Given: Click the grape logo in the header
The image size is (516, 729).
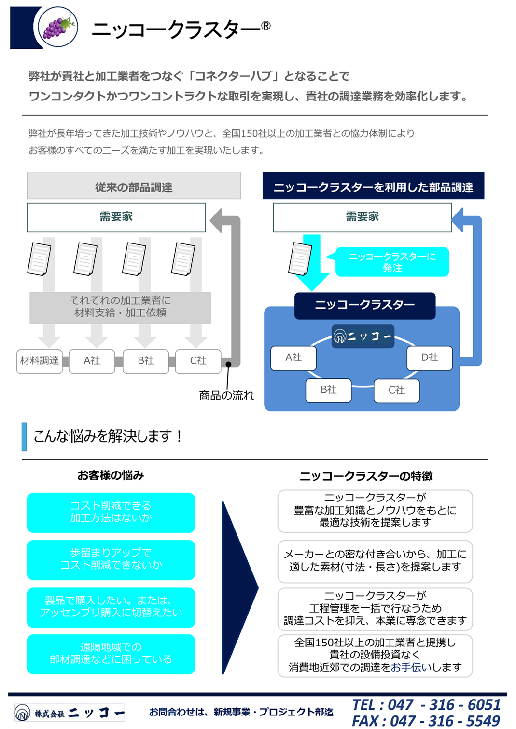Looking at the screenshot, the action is (x=58, y=27).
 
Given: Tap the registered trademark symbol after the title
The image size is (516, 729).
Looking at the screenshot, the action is (x=265, y=26).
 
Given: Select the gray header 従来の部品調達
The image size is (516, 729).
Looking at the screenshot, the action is (x=134, y=185).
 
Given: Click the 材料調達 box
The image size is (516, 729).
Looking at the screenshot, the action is (x=40, y=361).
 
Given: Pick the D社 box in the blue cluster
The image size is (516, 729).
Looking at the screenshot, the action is (x=430, y=357).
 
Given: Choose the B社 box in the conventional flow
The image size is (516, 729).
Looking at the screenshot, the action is (x=146, y=361).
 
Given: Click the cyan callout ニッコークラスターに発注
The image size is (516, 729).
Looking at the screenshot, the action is (x=392, y=262).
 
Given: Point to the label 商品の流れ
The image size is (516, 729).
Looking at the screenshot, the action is (x=226, y=395).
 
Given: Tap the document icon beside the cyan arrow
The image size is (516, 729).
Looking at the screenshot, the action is (x=300, y=259).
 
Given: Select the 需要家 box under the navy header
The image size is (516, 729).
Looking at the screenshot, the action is (x=362, y=217).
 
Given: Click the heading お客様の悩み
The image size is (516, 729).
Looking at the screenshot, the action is (x=111, y=475).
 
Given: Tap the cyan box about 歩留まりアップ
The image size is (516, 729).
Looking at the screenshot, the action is (x=111, y=560).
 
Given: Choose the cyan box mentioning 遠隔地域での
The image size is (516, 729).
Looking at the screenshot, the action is (x=111, y=654).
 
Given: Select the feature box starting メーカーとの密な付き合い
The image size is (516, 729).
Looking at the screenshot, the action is (x=375, y=561).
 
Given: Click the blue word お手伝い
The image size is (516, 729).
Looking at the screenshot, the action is (x=411, y=667).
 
